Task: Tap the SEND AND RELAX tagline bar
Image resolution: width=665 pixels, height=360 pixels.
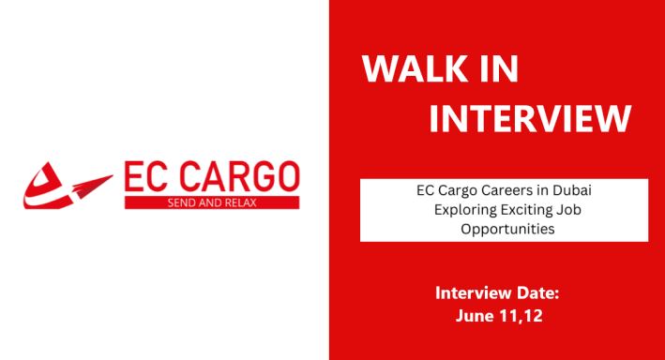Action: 211,202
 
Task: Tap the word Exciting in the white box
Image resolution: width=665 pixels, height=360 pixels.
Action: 527,208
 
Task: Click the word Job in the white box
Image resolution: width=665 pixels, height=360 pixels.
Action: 570,208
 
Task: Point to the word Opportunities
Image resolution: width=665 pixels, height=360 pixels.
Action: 504,228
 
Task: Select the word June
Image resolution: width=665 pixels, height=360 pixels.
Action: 476,316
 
